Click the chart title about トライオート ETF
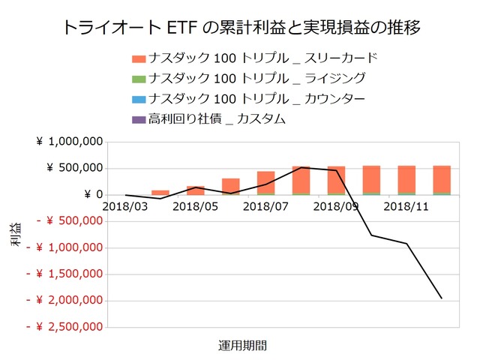point(239,28)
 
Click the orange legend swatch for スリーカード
point(137,58)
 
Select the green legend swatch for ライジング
point(137,79)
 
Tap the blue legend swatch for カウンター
point(137,99)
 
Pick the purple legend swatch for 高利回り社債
point(137,119)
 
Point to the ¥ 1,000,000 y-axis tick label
point(68,141)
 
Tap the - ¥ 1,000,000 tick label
point(63,247)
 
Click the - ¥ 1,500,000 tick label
point(63,274)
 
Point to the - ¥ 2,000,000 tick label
point(63,300)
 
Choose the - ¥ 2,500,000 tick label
point(63,327)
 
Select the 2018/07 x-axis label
point(265,205)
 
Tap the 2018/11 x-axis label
point(406,205)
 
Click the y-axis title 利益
point(16,234)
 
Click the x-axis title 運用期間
point(242,346)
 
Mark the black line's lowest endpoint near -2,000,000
point(441,298)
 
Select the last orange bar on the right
point(441,178)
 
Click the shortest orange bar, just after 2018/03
point(160,192)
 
